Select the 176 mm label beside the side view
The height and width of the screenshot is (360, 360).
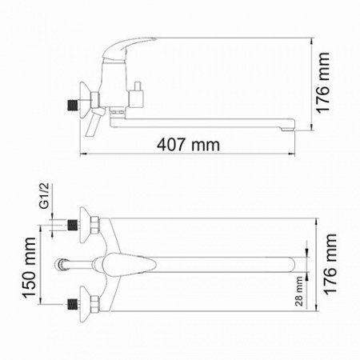tap(322, 83)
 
